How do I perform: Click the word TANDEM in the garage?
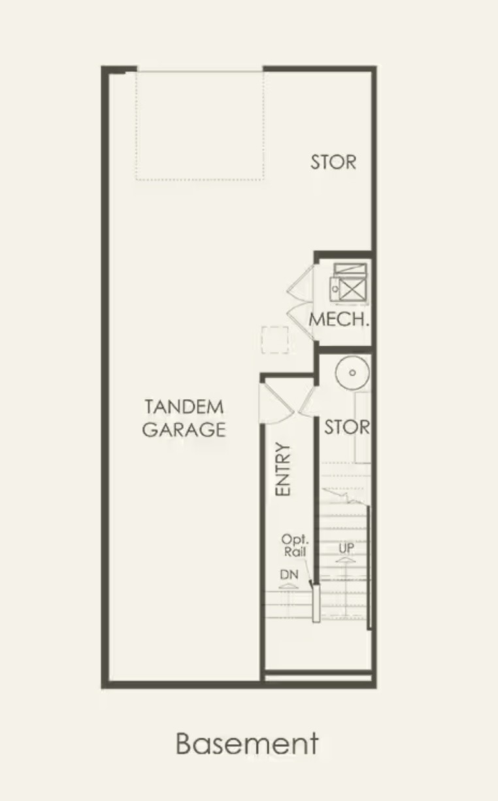coord(184,407)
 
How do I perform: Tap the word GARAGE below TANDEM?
coord(184,429)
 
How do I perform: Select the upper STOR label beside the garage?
coord(333,162)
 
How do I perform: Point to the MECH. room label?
coord(339,319)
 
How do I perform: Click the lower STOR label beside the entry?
coord(346,427)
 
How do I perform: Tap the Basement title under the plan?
coord(247,743)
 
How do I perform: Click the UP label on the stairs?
coord(346,548)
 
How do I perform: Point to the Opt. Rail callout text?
coord(295,546)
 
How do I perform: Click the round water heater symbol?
coord(352,372)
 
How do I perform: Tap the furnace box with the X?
coord(352,289)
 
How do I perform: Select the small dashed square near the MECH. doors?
coord(274,340)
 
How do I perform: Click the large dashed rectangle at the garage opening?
coord(199,125)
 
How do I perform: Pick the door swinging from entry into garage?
coord(276,403)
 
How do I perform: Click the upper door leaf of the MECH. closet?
coord(301,284)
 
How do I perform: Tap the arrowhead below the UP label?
coord(346,561)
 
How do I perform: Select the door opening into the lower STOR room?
coord(308,402)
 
